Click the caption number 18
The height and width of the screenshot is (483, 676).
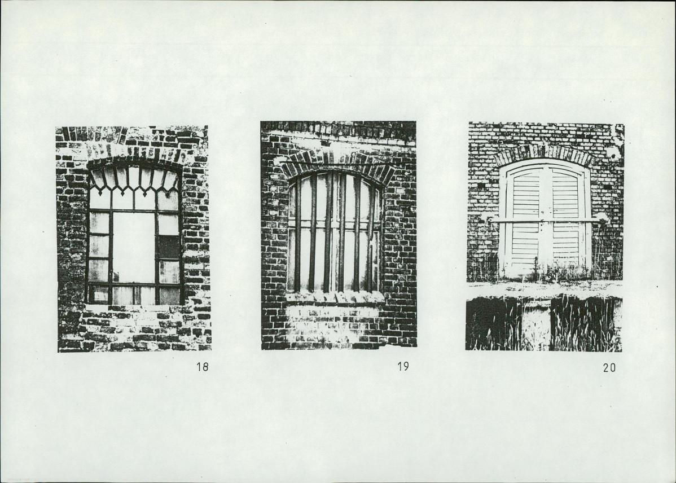coord(202,367)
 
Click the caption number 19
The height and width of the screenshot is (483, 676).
coord(403,367)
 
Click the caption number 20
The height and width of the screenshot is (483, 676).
coord(609,368)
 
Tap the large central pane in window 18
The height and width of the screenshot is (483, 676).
coord(134,247)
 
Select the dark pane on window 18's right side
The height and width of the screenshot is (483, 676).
coord(169,247)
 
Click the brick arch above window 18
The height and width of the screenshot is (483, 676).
coord(134,155)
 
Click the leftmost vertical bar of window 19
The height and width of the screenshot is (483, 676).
coord(298,233)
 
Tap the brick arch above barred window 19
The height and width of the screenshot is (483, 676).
coord(338,164)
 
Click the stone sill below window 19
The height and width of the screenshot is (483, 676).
coord(335,297)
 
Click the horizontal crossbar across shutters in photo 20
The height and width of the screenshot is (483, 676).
coord(544,221)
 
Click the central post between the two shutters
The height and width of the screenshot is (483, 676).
coord(545,221)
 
